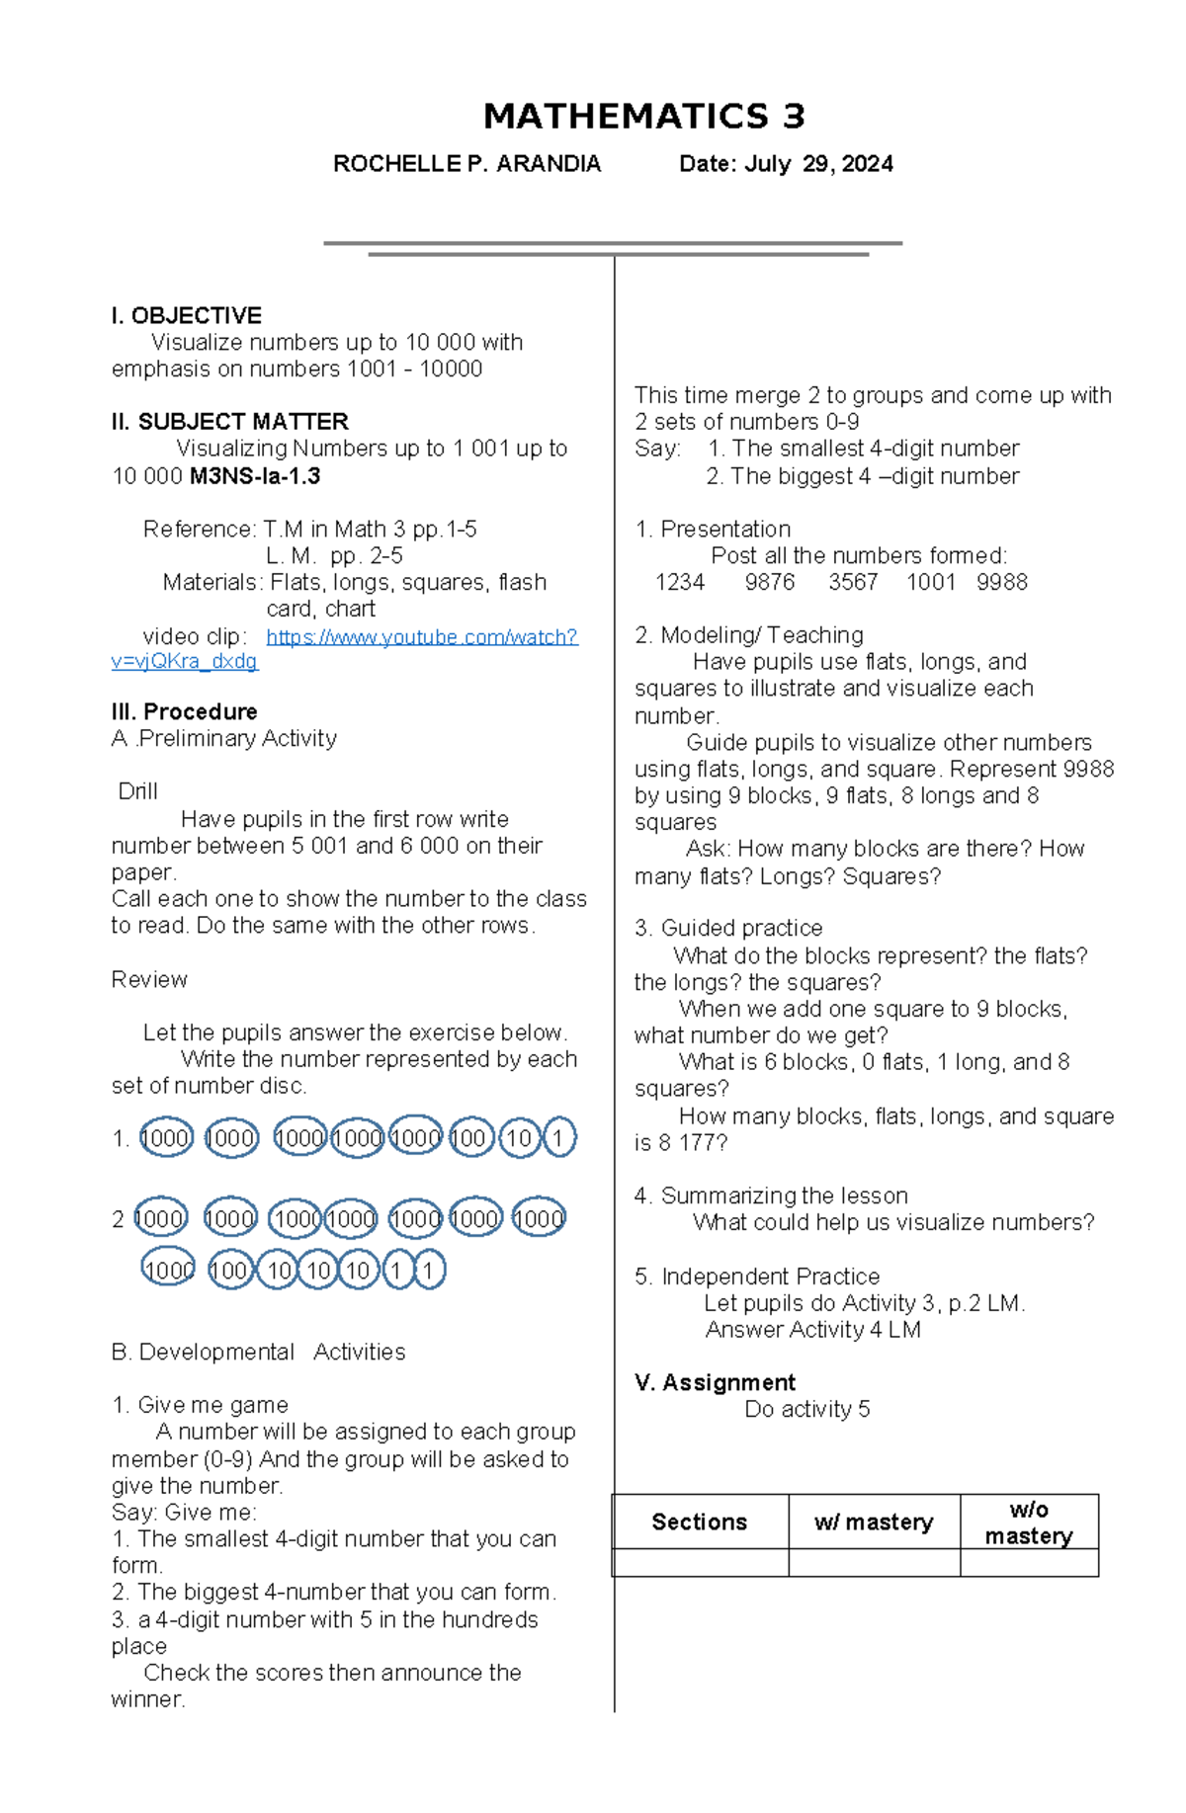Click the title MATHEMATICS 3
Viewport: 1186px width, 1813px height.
[643, 117]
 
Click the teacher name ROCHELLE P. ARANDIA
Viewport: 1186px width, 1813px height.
[466, 164]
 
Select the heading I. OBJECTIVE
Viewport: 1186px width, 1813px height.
[186, 316]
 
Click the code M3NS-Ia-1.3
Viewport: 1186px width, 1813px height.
[255, 476]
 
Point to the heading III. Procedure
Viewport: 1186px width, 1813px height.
[184, 711]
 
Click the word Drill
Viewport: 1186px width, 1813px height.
[137, 791]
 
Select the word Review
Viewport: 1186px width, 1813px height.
[149, 979]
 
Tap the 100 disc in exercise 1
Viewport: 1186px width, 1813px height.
[469, 1138]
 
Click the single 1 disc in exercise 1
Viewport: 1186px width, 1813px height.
[558, 1138]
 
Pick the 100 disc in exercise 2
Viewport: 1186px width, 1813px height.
[229, 1271]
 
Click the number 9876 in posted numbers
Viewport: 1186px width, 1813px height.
[769, 583]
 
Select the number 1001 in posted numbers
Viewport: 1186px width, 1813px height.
[930, 583]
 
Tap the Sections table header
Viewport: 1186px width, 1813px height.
[699, 1522]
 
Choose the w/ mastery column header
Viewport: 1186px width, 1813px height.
[874, 1522]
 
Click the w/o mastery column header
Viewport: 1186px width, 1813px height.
[1028, 1523]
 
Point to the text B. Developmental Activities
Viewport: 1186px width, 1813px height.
[258, 1352]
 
